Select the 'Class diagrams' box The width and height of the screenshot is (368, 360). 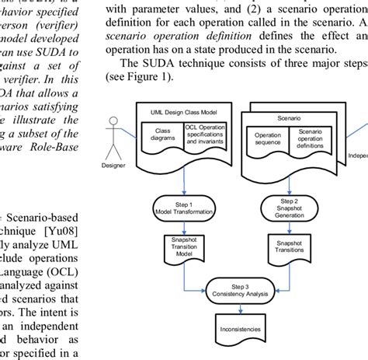click(x=161, y=134)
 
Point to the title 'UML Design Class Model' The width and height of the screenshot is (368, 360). click(x=182, y=112)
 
